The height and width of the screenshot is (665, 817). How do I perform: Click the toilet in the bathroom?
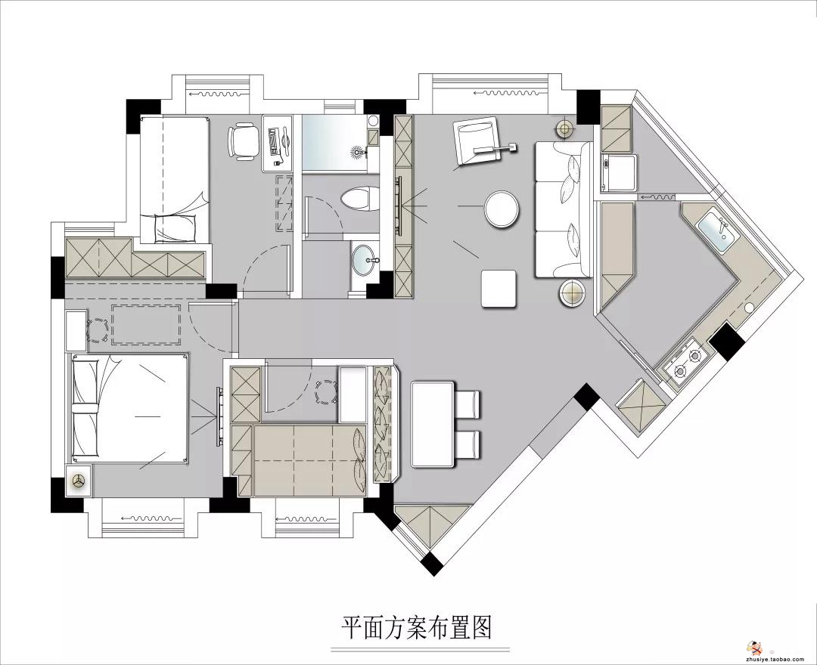click(x=360, y=199)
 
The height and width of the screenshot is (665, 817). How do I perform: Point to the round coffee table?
click(x=502, y=209)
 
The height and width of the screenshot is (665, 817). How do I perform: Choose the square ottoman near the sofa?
click(x=500, y=288)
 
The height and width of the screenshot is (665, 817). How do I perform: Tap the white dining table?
click(x=433, y=424)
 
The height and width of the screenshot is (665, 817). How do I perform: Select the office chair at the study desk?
click(x=243, y=140)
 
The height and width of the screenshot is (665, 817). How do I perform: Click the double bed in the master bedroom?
click(x=130, y=407)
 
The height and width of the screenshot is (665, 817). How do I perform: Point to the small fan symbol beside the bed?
click(x=79, y=482)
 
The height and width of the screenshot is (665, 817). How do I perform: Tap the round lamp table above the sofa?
click(x=565, y=128)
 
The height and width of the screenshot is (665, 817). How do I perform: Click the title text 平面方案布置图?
click(x=417, y=627)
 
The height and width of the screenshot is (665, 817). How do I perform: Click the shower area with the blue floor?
click(x=334, y=143)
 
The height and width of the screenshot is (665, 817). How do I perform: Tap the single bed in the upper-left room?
click(x=175, y=180)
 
